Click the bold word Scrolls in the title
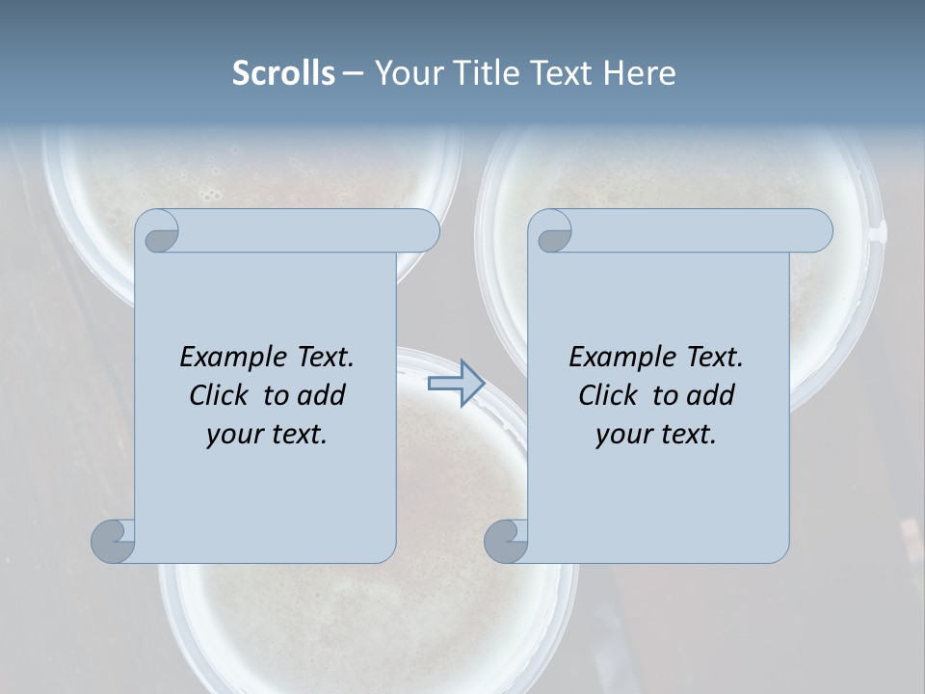(284, 72)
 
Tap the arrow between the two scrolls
(456, 384)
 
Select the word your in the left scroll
(230, 434)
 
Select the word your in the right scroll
(620, 434)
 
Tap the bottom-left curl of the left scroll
(112, 540)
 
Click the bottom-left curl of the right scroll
(505, 540)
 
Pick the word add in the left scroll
(323, 395)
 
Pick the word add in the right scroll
(712, 395)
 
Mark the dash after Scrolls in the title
(353, 73)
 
